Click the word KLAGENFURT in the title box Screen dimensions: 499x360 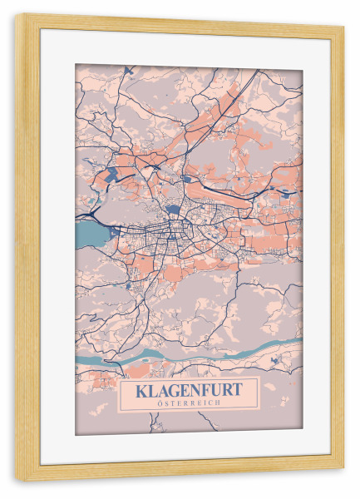pyautogui.click(x=189, y=388)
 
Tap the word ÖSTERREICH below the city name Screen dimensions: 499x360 pyautogui.click(x=189, y=403)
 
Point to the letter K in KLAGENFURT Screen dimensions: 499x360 pyautogui.click(x=141, y=388)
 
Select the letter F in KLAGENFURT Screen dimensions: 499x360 pyautogui.click(x=204, y=388)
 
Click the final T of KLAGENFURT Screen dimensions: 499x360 pyautogui.click(x=238, y=388)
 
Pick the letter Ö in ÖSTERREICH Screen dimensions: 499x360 pyautogui.click(x=160, y=403)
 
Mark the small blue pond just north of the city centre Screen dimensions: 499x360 pyautogui.click(x=172, y=210)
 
